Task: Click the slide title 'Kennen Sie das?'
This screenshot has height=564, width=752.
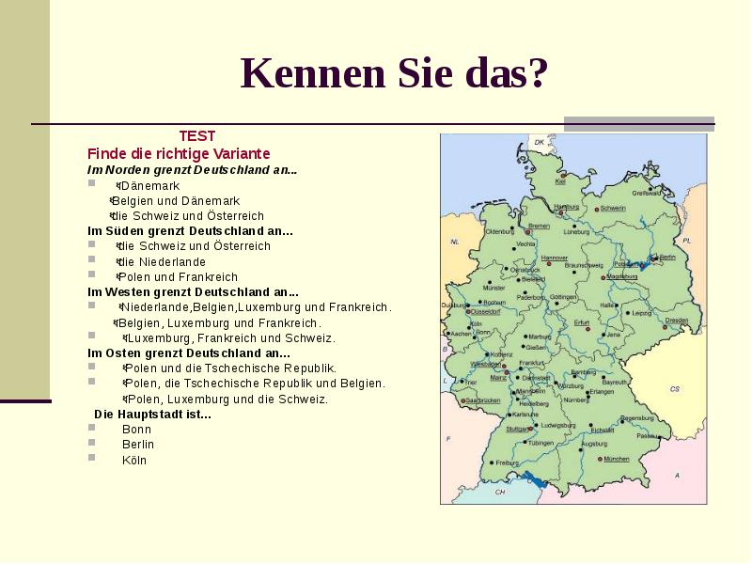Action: click(394, 74)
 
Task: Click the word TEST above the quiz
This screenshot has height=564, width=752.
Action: click(197, 136)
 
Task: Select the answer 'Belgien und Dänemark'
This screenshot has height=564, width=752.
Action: click(176, 201)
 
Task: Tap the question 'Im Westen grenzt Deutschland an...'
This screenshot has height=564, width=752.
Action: click(193, 292)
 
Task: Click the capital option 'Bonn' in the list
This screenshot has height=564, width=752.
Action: click(136, 429)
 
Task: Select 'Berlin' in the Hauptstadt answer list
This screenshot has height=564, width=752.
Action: click(138, 444)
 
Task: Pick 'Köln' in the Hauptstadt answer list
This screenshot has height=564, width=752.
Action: click(134, 460)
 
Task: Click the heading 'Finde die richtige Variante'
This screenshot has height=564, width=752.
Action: click(179, 152)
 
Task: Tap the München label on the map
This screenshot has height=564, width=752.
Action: click(617, 459)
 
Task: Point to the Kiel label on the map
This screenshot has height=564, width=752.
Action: click(560, 181)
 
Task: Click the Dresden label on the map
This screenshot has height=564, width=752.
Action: click(677, 321)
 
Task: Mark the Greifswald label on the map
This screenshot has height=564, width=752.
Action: click(647, 193)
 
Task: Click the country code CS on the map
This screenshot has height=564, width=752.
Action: click(674, 388)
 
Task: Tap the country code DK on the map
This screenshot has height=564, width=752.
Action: click(540, 143)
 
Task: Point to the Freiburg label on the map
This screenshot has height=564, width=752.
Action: click(508, 463)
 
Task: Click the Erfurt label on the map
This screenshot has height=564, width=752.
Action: click(582, 322)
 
